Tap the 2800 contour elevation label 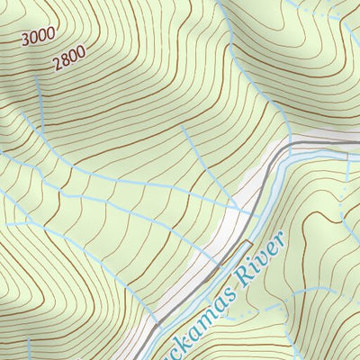point(69,58)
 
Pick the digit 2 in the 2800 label point(57,63)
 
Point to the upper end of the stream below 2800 point(38,79)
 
